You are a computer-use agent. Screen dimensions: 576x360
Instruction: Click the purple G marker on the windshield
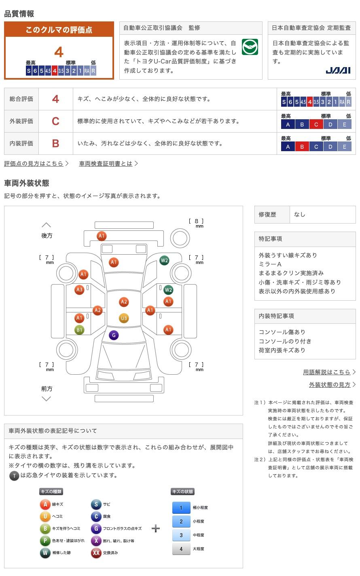point(114,335)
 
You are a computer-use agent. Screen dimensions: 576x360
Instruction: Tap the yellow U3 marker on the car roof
point(124,318)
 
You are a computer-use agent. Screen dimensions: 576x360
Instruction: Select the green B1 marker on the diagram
point(79,330)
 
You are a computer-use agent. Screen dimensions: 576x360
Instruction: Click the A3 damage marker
point(79,289)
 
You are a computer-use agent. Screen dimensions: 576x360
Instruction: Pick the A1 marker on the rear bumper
point(101,236)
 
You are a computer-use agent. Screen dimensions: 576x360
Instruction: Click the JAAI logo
point(338,70)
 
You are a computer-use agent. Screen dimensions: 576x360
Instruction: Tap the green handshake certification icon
point(250,47)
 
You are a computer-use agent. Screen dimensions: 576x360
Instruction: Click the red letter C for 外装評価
point(55,121)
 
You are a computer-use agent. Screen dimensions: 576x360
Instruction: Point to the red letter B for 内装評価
point(55,143)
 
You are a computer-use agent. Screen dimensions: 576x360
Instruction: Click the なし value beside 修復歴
point(300,215)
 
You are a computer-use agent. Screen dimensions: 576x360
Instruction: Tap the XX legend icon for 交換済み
point(96,553)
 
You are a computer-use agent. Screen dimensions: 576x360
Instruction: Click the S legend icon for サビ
point(96,504)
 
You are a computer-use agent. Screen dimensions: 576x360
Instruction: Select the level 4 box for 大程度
point(181,549)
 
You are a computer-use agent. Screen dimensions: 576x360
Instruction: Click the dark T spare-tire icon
point(14,475)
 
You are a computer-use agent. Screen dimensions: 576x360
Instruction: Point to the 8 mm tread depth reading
point(197,221)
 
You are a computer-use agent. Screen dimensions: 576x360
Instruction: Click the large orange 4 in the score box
point(59,52)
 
